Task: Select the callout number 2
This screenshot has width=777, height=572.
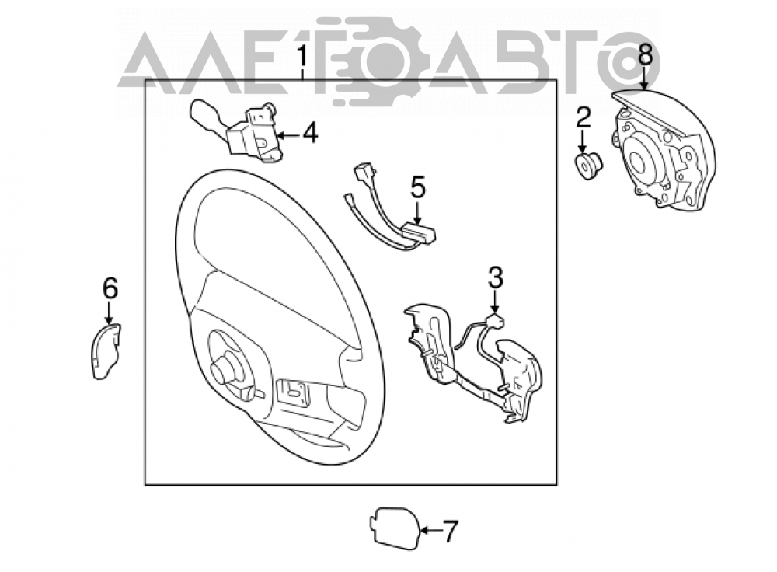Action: click(583, 118)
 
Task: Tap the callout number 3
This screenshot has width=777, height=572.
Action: click(495, 277)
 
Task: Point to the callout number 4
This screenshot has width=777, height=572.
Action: click(310, 134)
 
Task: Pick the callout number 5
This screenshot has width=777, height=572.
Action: click(418, 188)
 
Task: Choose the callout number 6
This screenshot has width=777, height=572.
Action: click(110, 288)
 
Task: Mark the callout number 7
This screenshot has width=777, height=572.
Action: click(449, 531)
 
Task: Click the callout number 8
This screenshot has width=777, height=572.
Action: click(645, 54)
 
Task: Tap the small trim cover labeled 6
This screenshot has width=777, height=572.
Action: click(106, 351)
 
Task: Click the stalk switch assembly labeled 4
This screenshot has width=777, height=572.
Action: click(238, 131)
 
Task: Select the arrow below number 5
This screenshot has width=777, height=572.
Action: click(418, 213)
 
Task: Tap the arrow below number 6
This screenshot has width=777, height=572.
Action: click(109, 313)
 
